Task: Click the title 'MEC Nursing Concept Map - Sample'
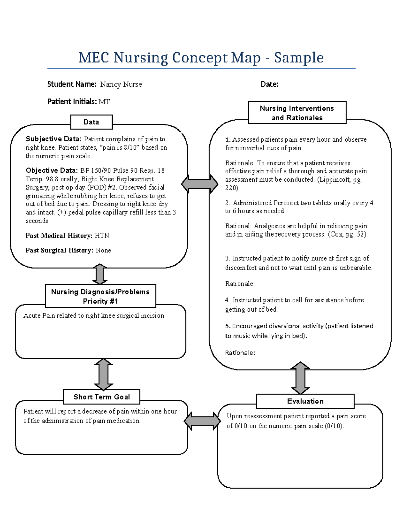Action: pyautogui.click(x=201, y=58)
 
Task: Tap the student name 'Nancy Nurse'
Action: pyautogui.click(x=121, y=84)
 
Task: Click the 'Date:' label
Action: pyautogui.click(x=269, y=84)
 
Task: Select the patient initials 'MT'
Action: pyautogui.click(x=104, y=102)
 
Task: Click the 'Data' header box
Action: pyautogui.click(x=91, y=122)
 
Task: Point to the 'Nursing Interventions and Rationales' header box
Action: pyautogui.click(x=297, y=113)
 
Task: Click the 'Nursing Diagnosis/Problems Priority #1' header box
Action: pyautogui.click(x=100, y=296)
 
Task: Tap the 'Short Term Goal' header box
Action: pyautogui.click(x=101, y=397)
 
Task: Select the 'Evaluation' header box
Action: pyautogui.click(x=305, y=401)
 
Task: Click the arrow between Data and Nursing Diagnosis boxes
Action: pyautogui.click(x=100, y=274)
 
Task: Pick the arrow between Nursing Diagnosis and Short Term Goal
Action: pyautogui.click(x=103, y=374)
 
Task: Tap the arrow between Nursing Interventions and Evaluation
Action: pyautogui.click(x=300, y=378)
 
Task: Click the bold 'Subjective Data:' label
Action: pyautogui.click(x=53, y=139)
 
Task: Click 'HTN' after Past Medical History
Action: pyautogui.click(x=102, y=236)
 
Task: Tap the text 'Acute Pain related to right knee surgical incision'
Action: pyautogui.click(x=94, y=316)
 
